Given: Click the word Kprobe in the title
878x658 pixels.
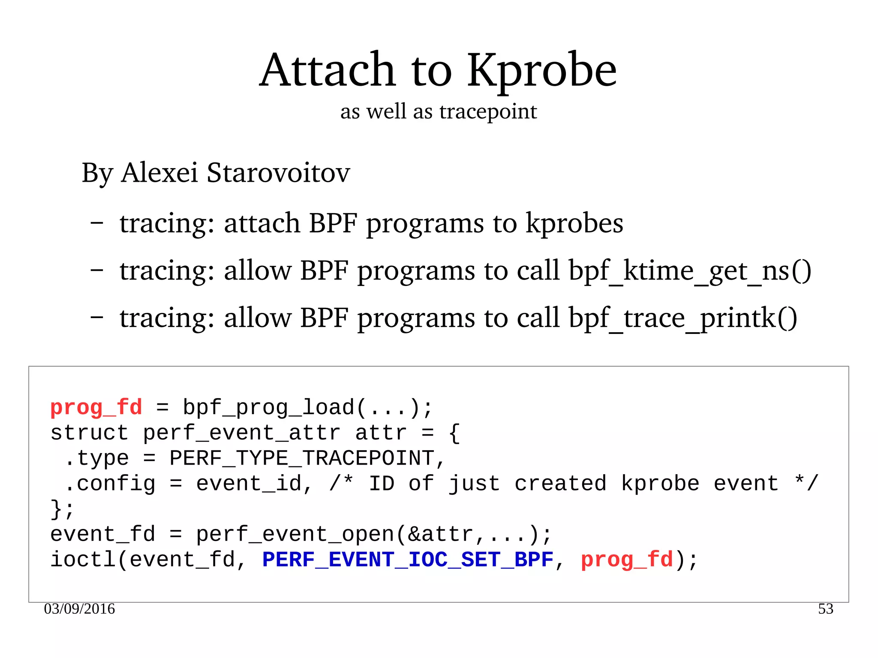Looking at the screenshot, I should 542,71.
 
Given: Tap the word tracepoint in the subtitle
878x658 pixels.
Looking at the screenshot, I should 488,112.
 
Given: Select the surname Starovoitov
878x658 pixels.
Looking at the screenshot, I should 278,173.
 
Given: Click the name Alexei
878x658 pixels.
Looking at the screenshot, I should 159,173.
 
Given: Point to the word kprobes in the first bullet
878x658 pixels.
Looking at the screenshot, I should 574,224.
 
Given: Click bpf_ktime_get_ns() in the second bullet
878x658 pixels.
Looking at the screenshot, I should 690,271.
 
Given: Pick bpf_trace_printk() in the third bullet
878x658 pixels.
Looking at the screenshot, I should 683,318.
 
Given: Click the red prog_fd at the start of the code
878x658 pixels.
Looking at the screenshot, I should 96,407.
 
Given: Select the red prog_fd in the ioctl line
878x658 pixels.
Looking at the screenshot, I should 627,560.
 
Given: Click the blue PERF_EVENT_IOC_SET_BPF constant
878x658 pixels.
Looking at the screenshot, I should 408,560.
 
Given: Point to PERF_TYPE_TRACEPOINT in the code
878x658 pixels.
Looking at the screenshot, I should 302,458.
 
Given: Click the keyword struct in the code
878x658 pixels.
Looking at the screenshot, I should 89,433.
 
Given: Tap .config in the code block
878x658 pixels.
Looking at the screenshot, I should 110,484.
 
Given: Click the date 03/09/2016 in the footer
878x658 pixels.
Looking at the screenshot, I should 79,609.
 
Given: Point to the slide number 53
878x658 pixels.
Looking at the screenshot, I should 825,609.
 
